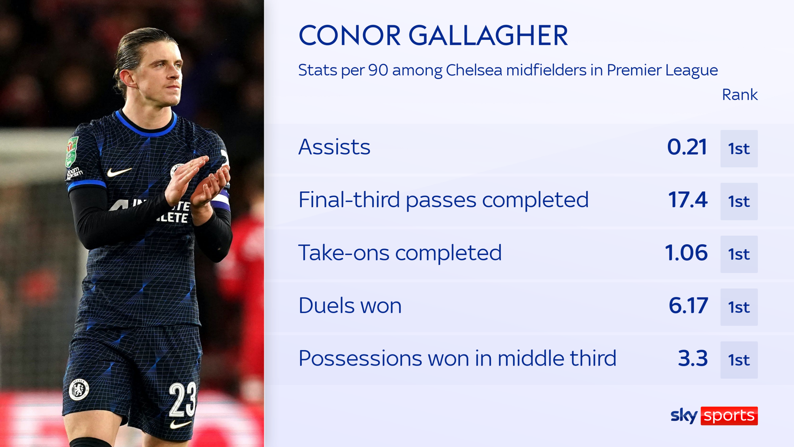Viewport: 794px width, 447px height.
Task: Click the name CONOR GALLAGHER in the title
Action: [433, 36]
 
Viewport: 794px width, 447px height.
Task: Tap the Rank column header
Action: [739, 94]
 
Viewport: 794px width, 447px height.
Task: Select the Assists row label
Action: [334, 147]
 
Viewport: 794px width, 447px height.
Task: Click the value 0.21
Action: [687, 147]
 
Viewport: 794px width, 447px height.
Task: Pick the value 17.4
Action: [687, 200]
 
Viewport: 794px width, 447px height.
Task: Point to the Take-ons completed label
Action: [399, 253]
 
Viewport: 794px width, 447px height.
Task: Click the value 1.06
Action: [686, 253]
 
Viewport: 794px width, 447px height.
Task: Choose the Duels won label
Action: [350, 305]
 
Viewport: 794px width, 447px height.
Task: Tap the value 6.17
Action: [688, 305]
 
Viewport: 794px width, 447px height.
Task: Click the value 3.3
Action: [693, 358]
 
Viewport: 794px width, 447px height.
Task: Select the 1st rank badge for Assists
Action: [739, 149]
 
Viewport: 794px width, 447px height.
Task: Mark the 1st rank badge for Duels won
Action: [739, 307]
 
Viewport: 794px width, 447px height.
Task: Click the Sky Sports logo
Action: [714, 415]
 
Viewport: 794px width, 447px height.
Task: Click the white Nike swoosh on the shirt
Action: [119, 172]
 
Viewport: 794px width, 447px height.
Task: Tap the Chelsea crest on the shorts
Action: [79, 389]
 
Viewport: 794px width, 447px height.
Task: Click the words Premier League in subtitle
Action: [662, 70]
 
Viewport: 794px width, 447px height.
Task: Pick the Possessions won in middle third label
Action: [457, 358]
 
